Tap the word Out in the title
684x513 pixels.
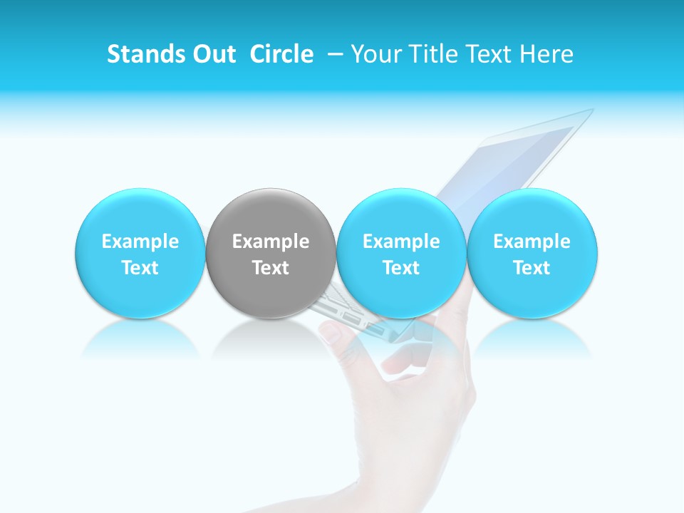click(212, 54)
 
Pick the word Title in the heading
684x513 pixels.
click(438, 54)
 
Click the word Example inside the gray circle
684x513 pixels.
click(271, 242)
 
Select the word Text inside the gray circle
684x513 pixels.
click(271, 268)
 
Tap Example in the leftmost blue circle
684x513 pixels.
click(140, 242)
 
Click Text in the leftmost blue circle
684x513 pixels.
click(140, 268)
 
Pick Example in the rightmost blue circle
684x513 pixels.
click(532, 242)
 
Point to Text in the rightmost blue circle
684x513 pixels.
click(532, 268)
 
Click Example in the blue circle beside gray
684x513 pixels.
click(401, 242)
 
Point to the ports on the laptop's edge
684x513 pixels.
click(349, 318)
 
